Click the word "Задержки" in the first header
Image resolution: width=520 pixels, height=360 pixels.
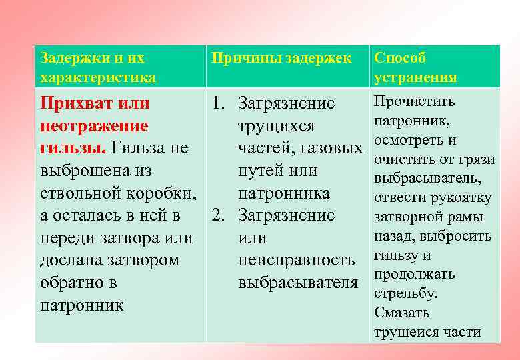[x=67, y=58]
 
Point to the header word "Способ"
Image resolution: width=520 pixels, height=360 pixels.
[x=400, y=58]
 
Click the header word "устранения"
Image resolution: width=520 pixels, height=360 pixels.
[x=415, y=77]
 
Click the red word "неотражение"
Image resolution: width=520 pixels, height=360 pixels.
[x=94, y=126]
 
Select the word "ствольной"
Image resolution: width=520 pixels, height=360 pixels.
[x=81, y=193]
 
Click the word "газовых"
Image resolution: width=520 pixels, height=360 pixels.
[x=329, y=149]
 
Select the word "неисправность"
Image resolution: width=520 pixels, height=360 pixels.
[x=296, y=260]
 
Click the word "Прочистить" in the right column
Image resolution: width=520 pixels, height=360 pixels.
[x=414, y=101]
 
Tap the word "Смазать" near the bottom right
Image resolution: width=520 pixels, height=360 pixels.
[x=402, y=312]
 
